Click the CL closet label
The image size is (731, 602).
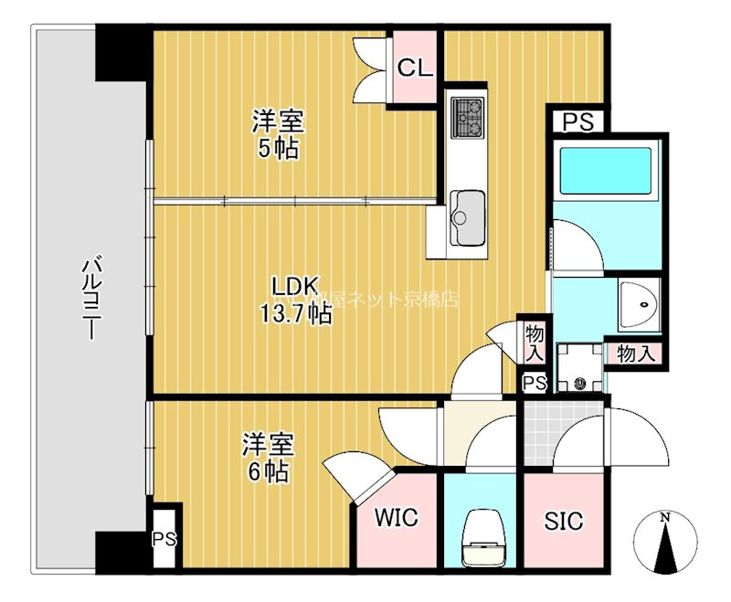tap(415, 69)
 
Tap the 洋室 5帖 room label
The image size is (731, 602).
tap(278, 134)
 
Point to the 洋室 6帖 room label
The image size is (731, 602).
tap(267, 459)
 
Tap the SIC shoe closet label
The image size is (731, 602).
tap(563, 521)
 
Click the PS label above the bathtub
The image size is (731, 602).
tap(577, 121)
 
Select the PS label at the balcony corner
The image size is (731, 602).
tap(164, 538)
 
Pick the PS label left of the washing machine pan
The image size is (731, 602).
tap(534, 384)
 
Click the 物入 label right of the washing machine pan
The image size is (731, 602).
tap(635, 354)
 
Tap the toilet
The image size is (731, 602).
tap(479, 534)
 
